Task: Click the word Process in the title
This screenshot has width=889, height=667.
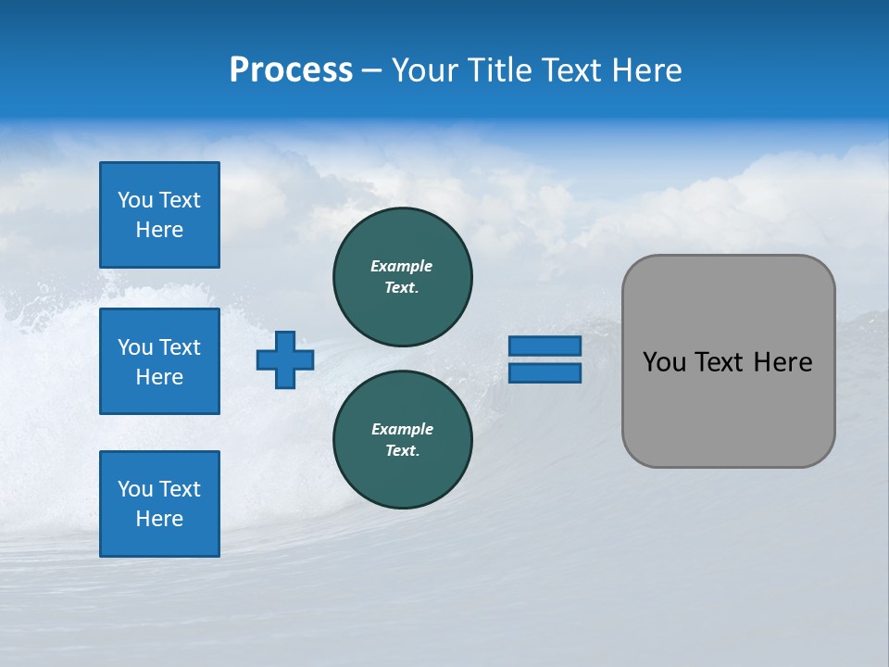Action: tap(291, 70)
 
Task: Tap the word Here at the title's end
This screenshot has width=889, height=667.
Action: tap(645, 70)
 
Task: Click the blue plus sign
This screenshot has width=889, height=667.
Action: tap(285, 359)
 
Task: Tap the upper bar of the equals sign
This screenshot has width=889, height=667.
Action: tap(545, 346)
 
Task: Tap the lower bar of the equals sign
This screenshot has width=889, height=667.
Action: tap(545, 373)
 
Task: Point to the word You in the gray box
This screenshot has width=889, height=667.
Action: tap(664, 362)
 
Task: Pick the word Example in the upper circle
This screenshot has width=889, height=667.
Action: tap(402, 266)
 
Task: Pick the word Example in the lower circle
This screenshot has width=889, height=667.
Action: tap(402, 429)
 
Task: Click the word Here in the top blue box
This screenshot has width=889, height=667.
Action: tap(159, 230)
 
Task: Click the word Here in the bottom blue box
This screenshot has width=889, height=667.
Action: tap(159, 519)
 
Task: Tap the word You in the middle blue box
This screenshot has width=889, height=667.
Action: tap(135, 347)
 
